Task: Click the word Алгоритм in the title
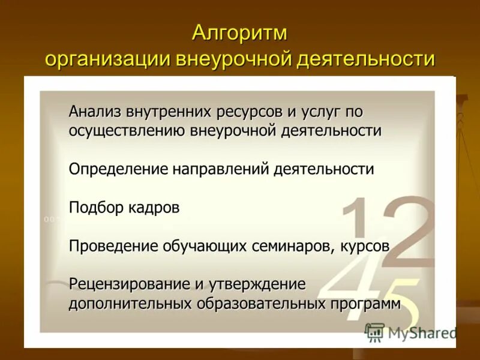(x=239, y=33)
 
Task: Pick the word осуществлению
(x=127, y=130)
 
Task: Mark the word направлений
(x=222, y=169)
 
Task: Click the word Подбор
(x=96, y=208)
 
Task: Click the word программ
(x=365, y=304)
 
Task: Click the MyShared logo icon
(x=375, y=332)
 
